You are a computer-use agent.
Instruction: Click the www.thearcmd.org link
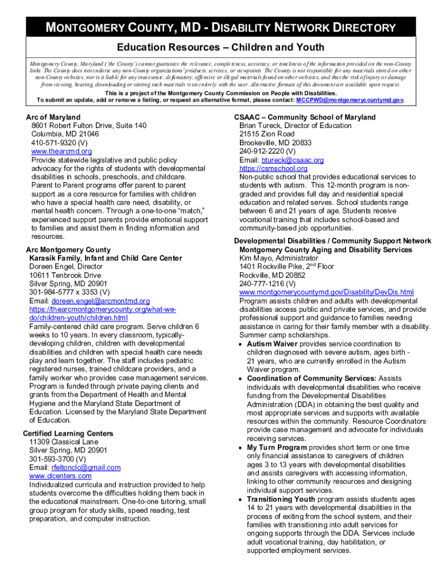pyautogui.click(x=61, y=151)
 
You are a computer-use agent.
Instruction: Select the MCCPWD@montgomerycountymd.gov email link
pyautogui.click(x=350, y=100)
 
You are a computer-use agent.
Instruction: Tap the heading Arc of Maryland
pyautogui.click(x=53, y=117)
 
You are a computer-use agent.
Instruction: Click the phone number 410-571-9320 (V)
pyautogui.click(x=60, y=142)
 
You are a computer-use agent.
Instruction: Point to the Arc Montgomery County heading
pyautogui.click(x=68, y=250)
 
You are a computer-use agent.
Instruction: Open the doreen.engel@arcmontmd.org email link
pyautogui.click(x=100, y=301)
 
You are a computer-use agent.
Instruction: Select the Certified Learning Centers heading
pyautogui.click(x=68, y=434)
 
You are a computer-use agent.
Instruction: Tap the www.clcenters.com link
pyautogui.click(x=60, y=476)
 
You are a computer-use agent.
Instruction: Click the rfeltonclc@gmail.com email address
pyautogui.click(x=86, y=467)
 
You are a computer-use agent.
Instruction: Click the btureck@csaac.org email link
pyautogui.click(x=292, y=160)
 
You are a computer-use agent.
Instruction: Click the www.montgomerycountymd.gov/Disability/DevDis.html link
pyautogui.click(x=326, y=292)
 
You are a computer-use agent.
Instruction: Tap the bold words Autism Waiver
pyautogui.click(x=272, y=344)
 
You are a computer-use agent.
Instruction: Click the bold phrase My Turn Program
pyautogui.click(x=277, y=447)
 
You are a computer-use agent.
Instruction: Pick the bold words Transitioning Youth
pyautogui.click(x=281, y=499)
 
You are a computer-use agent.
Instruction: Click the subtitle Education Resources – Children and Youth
pyautogui.click(x=221, y=47)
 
